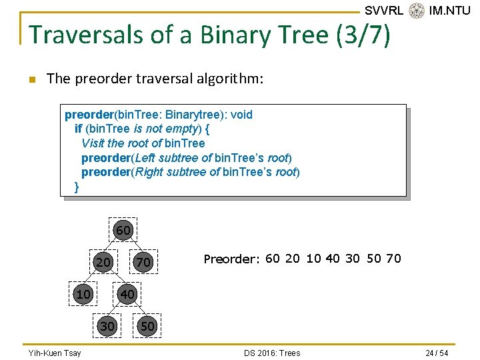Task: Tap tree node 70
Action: coord(143,263)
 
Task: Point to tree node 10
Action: coord(83,294)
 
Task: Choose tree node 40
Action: coord(127,294)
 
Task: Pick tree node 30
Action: coord(107,325)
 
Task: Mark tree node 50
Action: coord(147,325)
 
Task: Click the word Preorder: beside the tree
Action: coord(231,259)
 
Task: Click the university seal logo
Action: coord(417,11)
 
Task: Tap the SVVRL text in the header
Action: coord(384,11)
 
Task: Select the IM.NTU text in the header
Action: coord(450,11)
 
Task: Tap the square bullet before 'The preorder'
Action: coord(31,80)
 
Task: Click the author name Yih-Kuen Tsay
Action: coord(55,353)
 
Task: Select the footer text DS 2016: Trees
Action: coord(272,353)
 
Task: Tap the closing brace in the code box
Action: coord(77,187)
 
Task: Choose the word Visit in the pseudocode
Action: coord(93,143)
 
